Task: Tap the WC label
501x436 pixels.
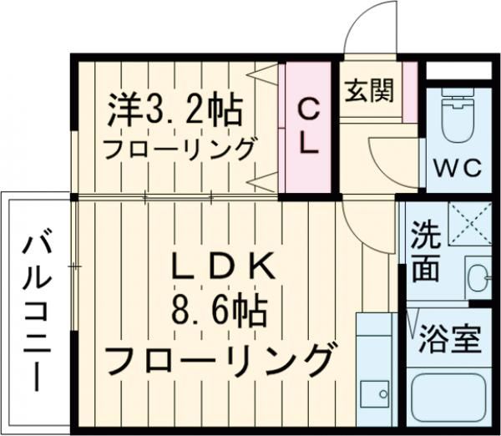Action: (x=457, y=168)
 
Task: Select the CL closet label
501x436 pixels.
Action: (x=308, y=125)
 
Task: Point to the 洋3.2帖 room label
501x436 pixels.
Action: (x=175, y=108)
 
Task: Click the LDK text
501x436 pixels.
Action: (x=222, y=267)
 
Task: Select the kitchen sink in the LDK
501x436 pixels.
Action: (x=374, y=392)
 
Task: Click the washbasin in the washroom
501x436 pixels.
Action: (x=478, y=275)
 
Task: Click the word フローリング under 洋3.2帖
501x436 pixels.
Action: (x=179, y=150)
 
